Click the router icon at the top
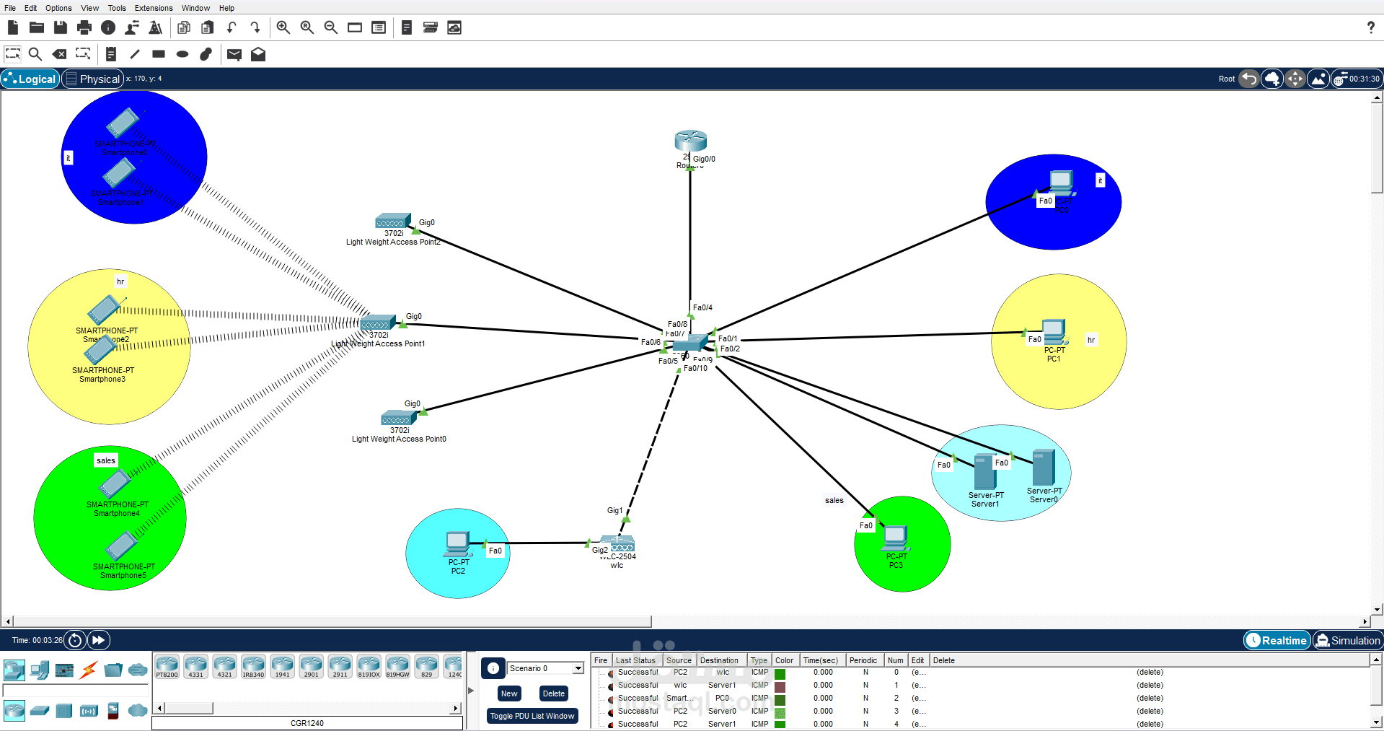[690, 141]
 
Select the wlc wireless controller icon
[617, 543]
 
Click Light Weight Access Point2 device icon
[392, 221]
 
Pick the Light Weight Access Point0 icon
[398, 418]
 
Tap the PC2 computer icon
[458, 543]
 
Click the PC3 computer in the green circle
[895, 538]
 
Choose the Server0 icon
[1044, 467]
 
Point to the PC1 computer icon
[1054, 333]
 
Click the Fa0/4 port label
[702, 307]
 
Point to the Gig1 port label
[614, 510]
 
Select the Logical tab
[30, 79]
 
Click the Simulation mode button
[1347, 640]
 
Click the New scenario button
[509, 693]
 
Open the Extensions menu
[154, 8]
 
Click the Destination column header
[719, 660]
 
